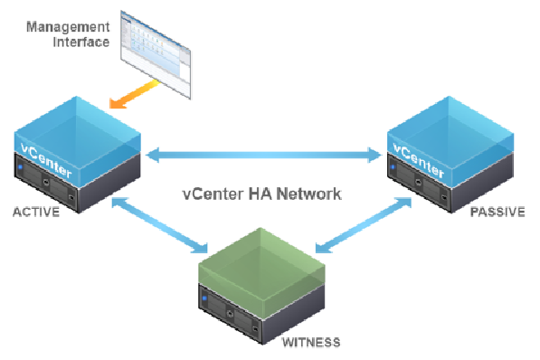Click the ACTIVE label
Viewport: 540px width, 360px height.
pos(35,213)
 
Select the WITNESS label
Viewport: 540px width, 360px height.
pos(312,342)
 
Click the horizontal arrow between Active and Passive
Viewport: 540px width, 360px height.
pos(264,156)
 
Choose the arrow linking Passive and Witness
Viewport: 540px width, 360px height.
pos(362,229)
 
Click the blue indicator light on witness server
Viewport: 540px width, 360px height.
pos(205,299)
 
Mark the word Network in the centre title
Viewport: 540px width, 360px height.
pos(313,194)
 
